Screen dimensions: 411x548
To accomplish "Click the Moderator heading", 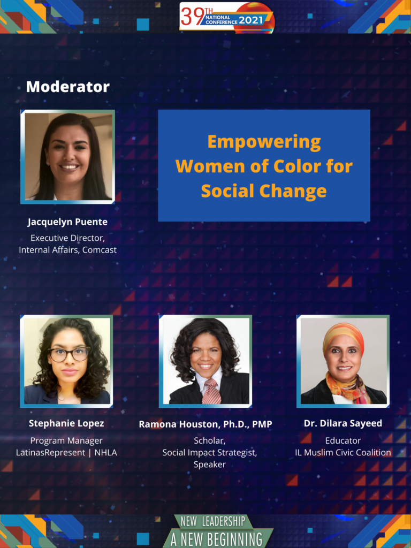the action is pos(68,87).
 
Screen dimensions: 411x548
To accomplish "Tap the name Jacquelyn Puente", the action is pos(67,222).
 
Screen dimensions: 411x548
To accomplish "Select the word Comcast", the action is pos(100,250).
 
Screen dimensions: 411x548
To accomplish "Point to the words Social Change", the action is pos(264,191).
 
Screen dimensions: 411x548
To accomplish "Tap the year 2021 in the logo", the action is pos(250,20).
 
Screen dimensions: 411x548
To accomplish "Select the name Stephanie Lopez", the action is pos(66,424).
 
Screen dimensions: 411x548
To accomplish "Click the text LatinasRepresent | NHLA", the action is pos(66,453).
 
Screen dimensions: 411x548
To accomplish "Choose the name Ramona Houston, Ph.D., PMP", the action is pos(205,424).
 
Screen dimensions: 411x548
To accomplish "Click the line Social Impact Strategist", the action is pos(210,453).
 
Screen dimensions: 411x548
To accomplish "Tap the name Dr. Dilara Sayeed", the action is pos(343,424).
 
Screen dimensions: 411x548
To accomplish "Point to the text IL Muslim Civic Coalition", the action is pos(343,453).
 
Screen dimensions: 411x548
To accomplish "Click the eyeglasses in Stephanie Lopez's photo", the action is pos(68,354).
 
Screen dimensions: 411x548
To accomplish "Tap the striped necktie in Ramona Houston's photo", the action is pos(211,391).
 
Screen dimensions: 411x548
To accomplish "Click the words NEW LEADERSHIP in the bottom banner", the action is pos(213,522).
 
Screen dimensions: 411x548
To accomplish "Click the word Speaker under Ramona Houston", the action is pos(210,465).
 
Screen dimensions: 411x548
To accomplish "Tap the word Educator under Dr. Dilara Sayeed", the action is pos(343,441).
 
